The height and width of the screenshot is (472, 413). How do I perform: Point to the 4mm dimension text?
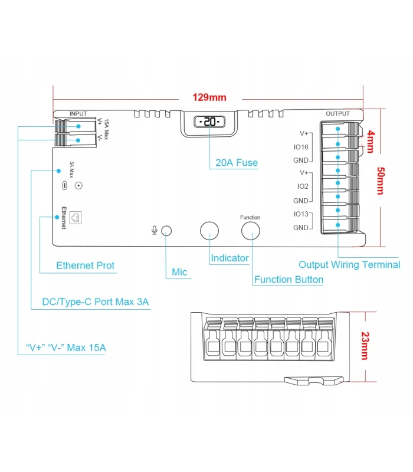pyautogui.click(x=371, y=142)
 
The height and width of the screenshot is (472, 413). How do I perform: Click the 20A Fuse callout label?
pyautogui.click(x=237, y=162)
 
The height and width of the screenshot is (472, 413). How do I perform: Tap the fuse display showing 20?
pyautogui.click(x=209, y=122)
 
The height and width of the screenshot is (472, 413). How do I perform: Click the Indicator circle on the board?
pyautogui.click(x=209, y=231)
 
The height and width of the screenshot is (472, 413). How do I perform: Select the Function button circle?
pyautogui.click(x=250, y=231)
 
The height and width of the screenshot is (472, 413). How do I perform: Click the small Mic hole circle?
pyautogui.click(x=167, y=231)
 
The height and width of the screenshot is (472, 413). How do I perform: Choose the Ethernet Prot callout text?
pyautogui.click(x=86, y=265)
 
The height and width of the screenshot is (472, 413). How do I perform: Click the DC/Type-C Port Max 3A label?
pyautogui.click(x=96, y=302)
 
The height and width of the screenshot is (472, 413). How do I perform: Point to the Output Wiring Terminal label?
pyautogui.click(x=349, y=265)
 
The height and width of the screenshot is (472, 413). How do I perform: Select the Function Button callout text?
pyautogui.click(x=289, y=280)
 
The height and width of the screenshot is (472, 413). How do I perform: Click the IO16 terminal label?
pyautogui.click(x=300, y=147)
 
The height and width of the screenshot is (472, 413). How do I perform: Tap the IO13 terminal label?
pyautogui.click(x=300, y=214)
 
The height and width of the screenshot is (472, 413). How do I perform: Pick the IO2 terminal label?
pyautogui.click(x=303, y=186)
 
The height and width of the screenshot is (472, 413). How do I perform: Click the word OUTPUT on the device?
pyautogui.click(x=337, y=113)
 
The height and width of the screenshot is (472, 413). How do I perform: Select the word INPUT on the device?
pyautogui.click(x=78, y=113)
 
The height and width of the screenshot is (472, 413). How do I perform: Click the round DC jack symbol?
pyautogui.click(x=78, y=185)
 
